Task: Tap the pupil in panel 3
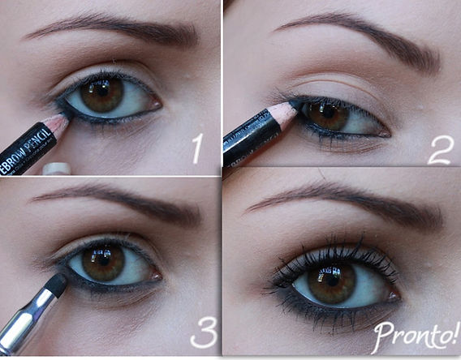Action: click(102, 260)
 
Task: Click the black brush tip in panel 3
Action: click(56, 283)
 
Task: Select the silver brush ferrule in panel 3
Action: click(24, 320)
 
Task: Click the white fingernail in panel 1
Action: click(57, 169)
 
